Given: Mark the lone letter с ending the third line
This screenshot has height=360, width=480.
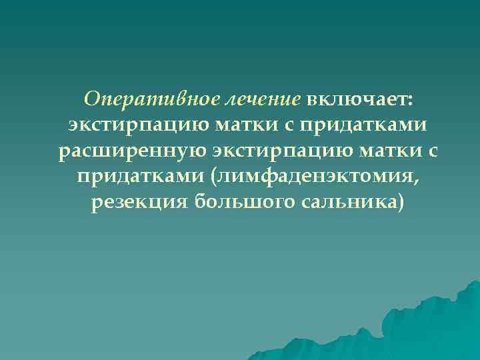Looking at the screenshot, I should pos(433,152).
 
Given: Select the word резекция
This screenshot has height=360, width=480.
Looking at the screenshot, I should pos(136,201).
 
